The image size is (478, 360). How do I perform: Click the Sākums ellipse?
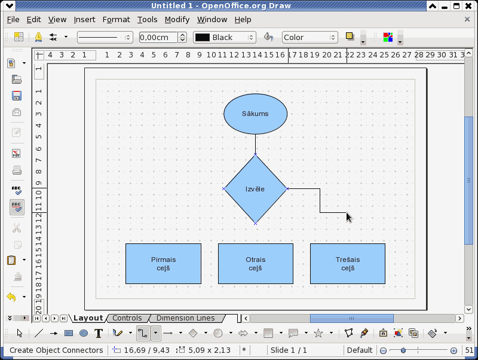point(256,114)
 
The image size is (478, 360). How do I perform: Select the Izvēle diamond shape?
point(256,189)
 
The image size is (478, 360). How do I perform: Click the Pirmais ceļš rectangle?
point(163,264)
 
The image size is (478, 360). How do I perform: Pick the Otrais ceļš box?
point(256,264)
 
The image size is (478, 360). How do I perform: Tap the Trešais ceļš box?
point(348,264)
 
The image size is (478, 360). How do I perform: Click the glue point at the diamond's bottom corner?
point(256,224)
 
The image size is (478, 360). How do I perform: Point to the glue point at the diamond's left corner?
point(223,189)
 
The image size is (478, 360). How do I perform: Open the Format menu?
point(116,20)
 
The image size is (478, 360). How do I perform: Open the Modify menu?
point(177,20)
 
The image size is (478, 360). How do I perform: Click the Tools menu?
point(147,20)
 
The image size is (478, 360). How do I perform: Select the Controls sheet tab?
point(127,318)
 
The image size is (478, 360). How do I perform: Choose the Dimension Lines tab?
point(185,318)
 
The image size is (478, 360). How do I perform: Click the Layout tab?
point(88,318)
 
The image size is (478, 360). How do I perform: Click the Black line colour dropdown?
point(225,38)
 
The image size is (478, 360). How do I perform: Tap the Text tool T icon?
point(99,333)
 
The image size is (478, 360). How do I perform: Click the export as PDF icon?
point(17,153)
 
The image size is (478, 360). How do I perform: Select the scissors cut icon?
point(17,228)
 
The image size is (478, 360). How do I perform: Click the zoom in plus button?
point(454,350)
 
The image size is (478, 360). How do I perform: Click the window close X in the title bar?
point(468,6)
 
